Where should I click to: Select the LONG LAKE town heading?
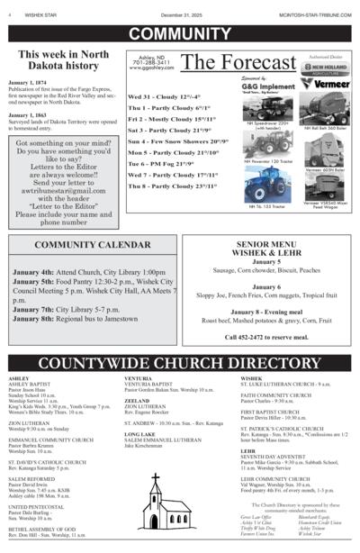click(x=140, y=433)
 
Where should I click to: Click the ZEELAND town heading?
click(x=138, y=400)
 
